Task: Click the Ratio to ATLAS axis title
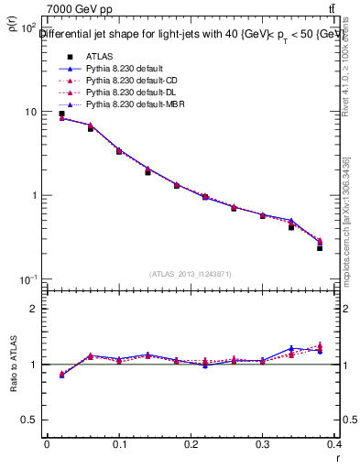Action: pyautogui.click(x=13, y=365)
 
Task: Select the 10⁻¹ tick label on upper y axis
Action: pyautogui.click(x=28, y=279)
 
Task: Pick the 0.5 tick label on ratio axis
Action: pyautogui.click(x=29, y=420)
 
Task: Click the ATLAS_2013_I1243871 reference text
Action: pyautogui.click(x=191, y=274)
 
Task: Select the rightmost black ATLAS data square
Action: pyautogui.click(x=320, y=248)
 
